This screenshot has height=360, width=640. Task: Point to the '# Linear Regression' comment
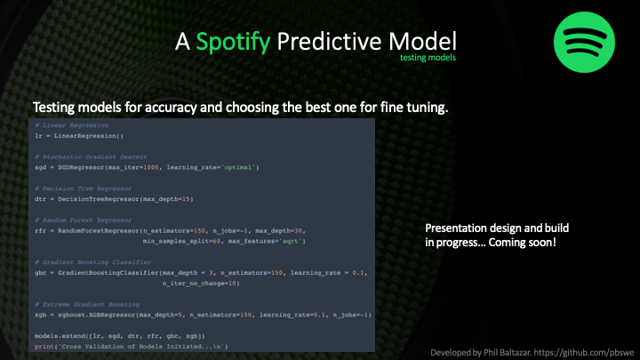pyautogui.click(x=71, y=127)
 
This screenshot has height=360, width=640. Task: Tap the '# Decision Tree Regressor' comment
pyautogui.click(x=84, y=187)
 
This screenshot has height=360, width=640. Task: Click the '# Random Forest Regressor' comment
pyautogui.click(x=84, y=217)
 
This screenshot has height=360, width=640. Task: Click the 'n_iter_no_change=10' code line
pyautogui.click(x=200, y=283)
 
